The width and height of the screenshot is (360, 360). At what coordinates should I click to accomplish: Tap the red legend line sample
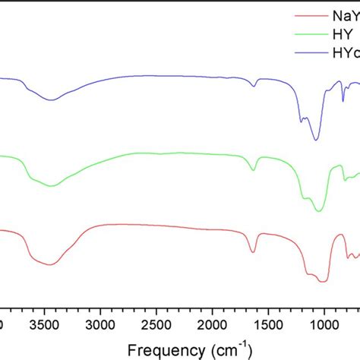[x=309, y=14]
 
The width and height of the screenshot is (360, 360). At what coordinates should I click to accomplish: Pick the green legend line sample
[x=309, y=33]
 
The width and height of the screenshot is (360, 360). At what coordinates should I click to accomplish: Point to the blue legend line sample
[x=309, y=53]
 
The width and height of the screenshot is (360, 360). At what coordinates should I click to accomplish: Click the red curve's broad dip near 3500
[x=51, y=264]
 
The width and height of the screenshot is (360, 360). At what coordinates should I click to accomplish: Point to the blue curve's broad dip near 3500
[x=51, y=99]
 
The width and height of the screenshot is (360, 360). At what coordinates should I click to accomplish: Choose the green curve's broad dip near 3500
[x=51, y=185]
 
